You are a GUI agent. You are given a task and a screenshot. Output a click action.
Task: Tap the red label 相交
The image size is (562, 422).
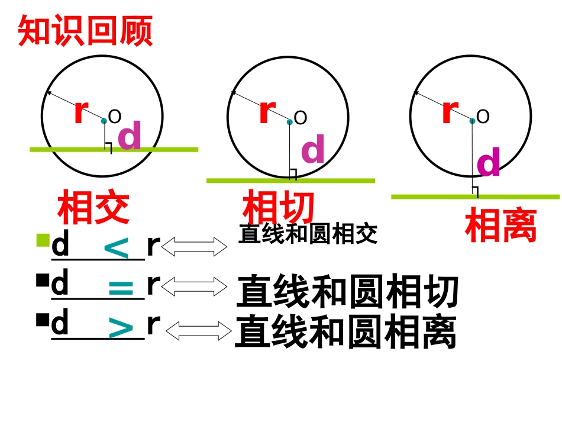pyautogui.click(x=93, y=208)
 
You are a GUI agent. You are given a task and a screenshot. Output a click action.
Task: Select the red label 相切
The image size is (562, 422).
pyautogui.click(x=278, y=208)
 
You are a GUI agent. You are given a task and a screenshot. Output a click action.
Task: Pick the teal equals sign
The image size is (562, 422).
pyautogui.click(x=122, y=289)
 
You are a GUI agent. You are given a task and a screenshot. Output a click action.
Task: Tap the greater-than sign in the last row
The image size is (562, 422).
pyautogui.click(x=122, y=328)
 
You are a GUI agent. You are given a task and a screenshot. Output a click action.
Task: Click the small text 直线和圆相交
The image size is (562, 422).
pyautogui.click(x=308, y=234)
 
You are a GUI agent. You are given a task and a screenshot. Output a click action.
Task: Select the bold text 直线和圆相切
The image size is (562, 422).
pyautogui.click(x=347, y=292)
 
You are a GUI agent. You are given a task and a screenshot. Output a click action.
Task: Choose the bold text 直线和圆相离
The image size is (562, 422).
pyautogui.click(x=345, y=333)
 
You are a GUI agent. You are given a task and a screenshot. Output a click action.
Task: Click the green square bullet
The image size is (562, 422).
pyautogui.click(x=42, y=240)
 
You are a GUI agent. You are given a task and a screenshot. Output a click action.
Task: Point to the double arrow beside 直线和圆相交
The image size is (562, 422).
pyautogui.click(x=195, y=247)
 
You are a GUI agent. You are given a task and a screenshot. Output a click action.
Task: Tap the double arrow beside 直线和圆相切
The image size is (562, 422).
pyautogui.click(x=195, y=286)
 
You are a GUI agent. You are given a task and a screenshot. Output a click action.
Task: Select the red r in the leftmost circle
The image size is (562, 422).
pyautogui.click(x=81, y=111)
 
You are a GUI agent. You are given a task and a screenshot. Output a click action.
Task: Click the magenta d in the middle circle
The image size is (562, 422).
pyautogui.click(x=313, y=149)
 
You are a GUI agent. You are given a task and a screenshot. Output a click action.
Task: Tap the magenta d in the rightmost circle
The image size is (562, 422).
pyautogui.click(x=488, y=162)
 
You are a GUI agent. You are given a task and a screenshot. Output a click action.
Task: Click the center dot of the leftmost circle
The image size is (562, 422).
pyautogui.click(x=104, y=121)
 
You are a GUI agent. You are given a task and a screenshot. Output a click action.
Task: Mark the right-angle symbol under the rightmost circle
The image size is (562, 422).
pyautogui.click(x=474, y=192)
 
